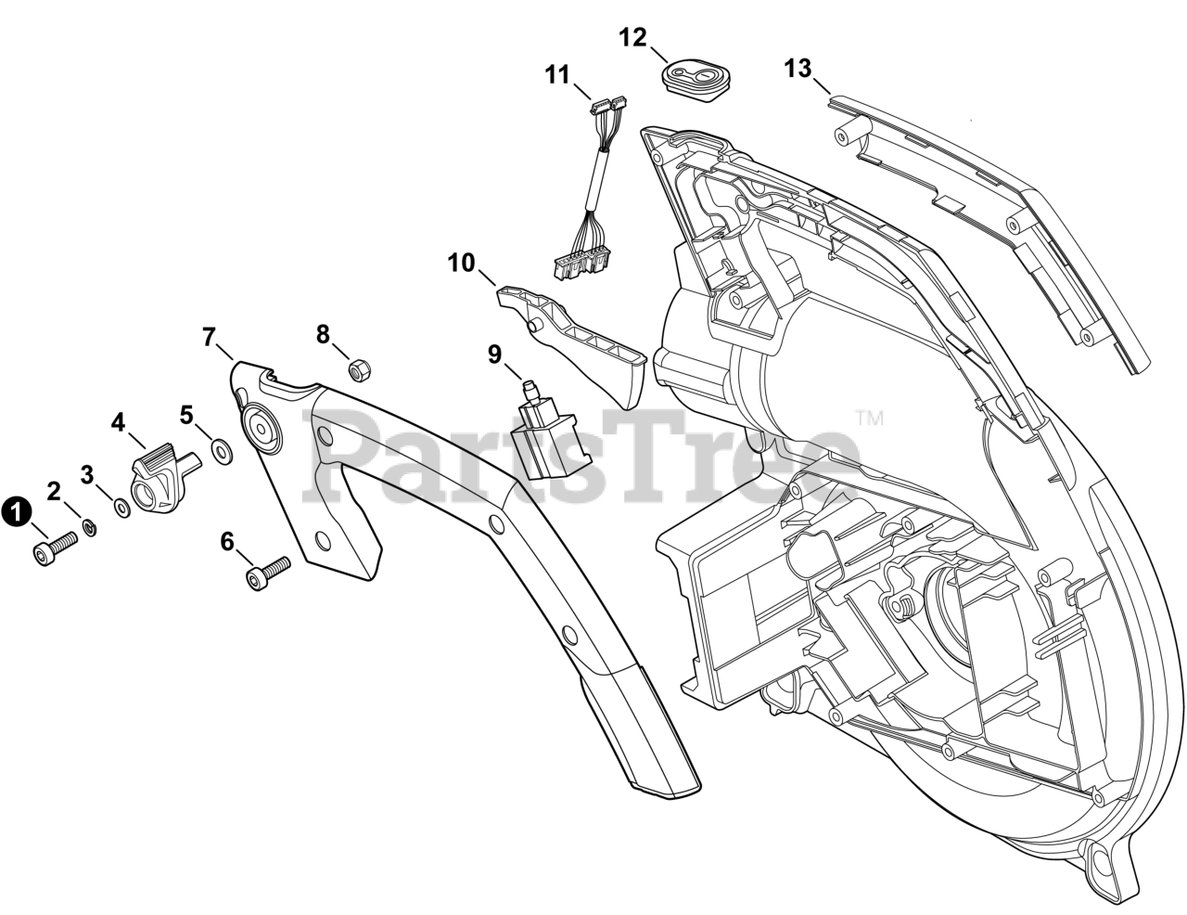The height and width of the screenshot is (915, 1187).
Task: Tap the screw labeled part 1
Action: coord(56,547)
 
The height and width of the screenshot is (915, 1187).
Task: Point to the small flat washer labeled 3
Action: coord(121,508)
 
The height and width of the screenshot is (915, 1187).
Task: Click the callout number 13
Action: coord(797,69)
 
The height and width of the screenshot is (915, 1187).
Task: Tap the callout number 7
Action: coord(210,336)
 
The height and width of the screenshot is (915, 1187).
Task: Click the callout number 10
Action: coord(461,263)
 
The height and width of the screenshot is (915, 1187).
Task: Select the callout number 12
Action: coord(632,37)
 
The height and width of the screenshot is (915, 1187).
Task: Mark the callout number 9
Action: coord(494,354)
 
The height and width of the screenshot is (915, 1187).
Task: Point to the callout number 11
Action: coord(558,74)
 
